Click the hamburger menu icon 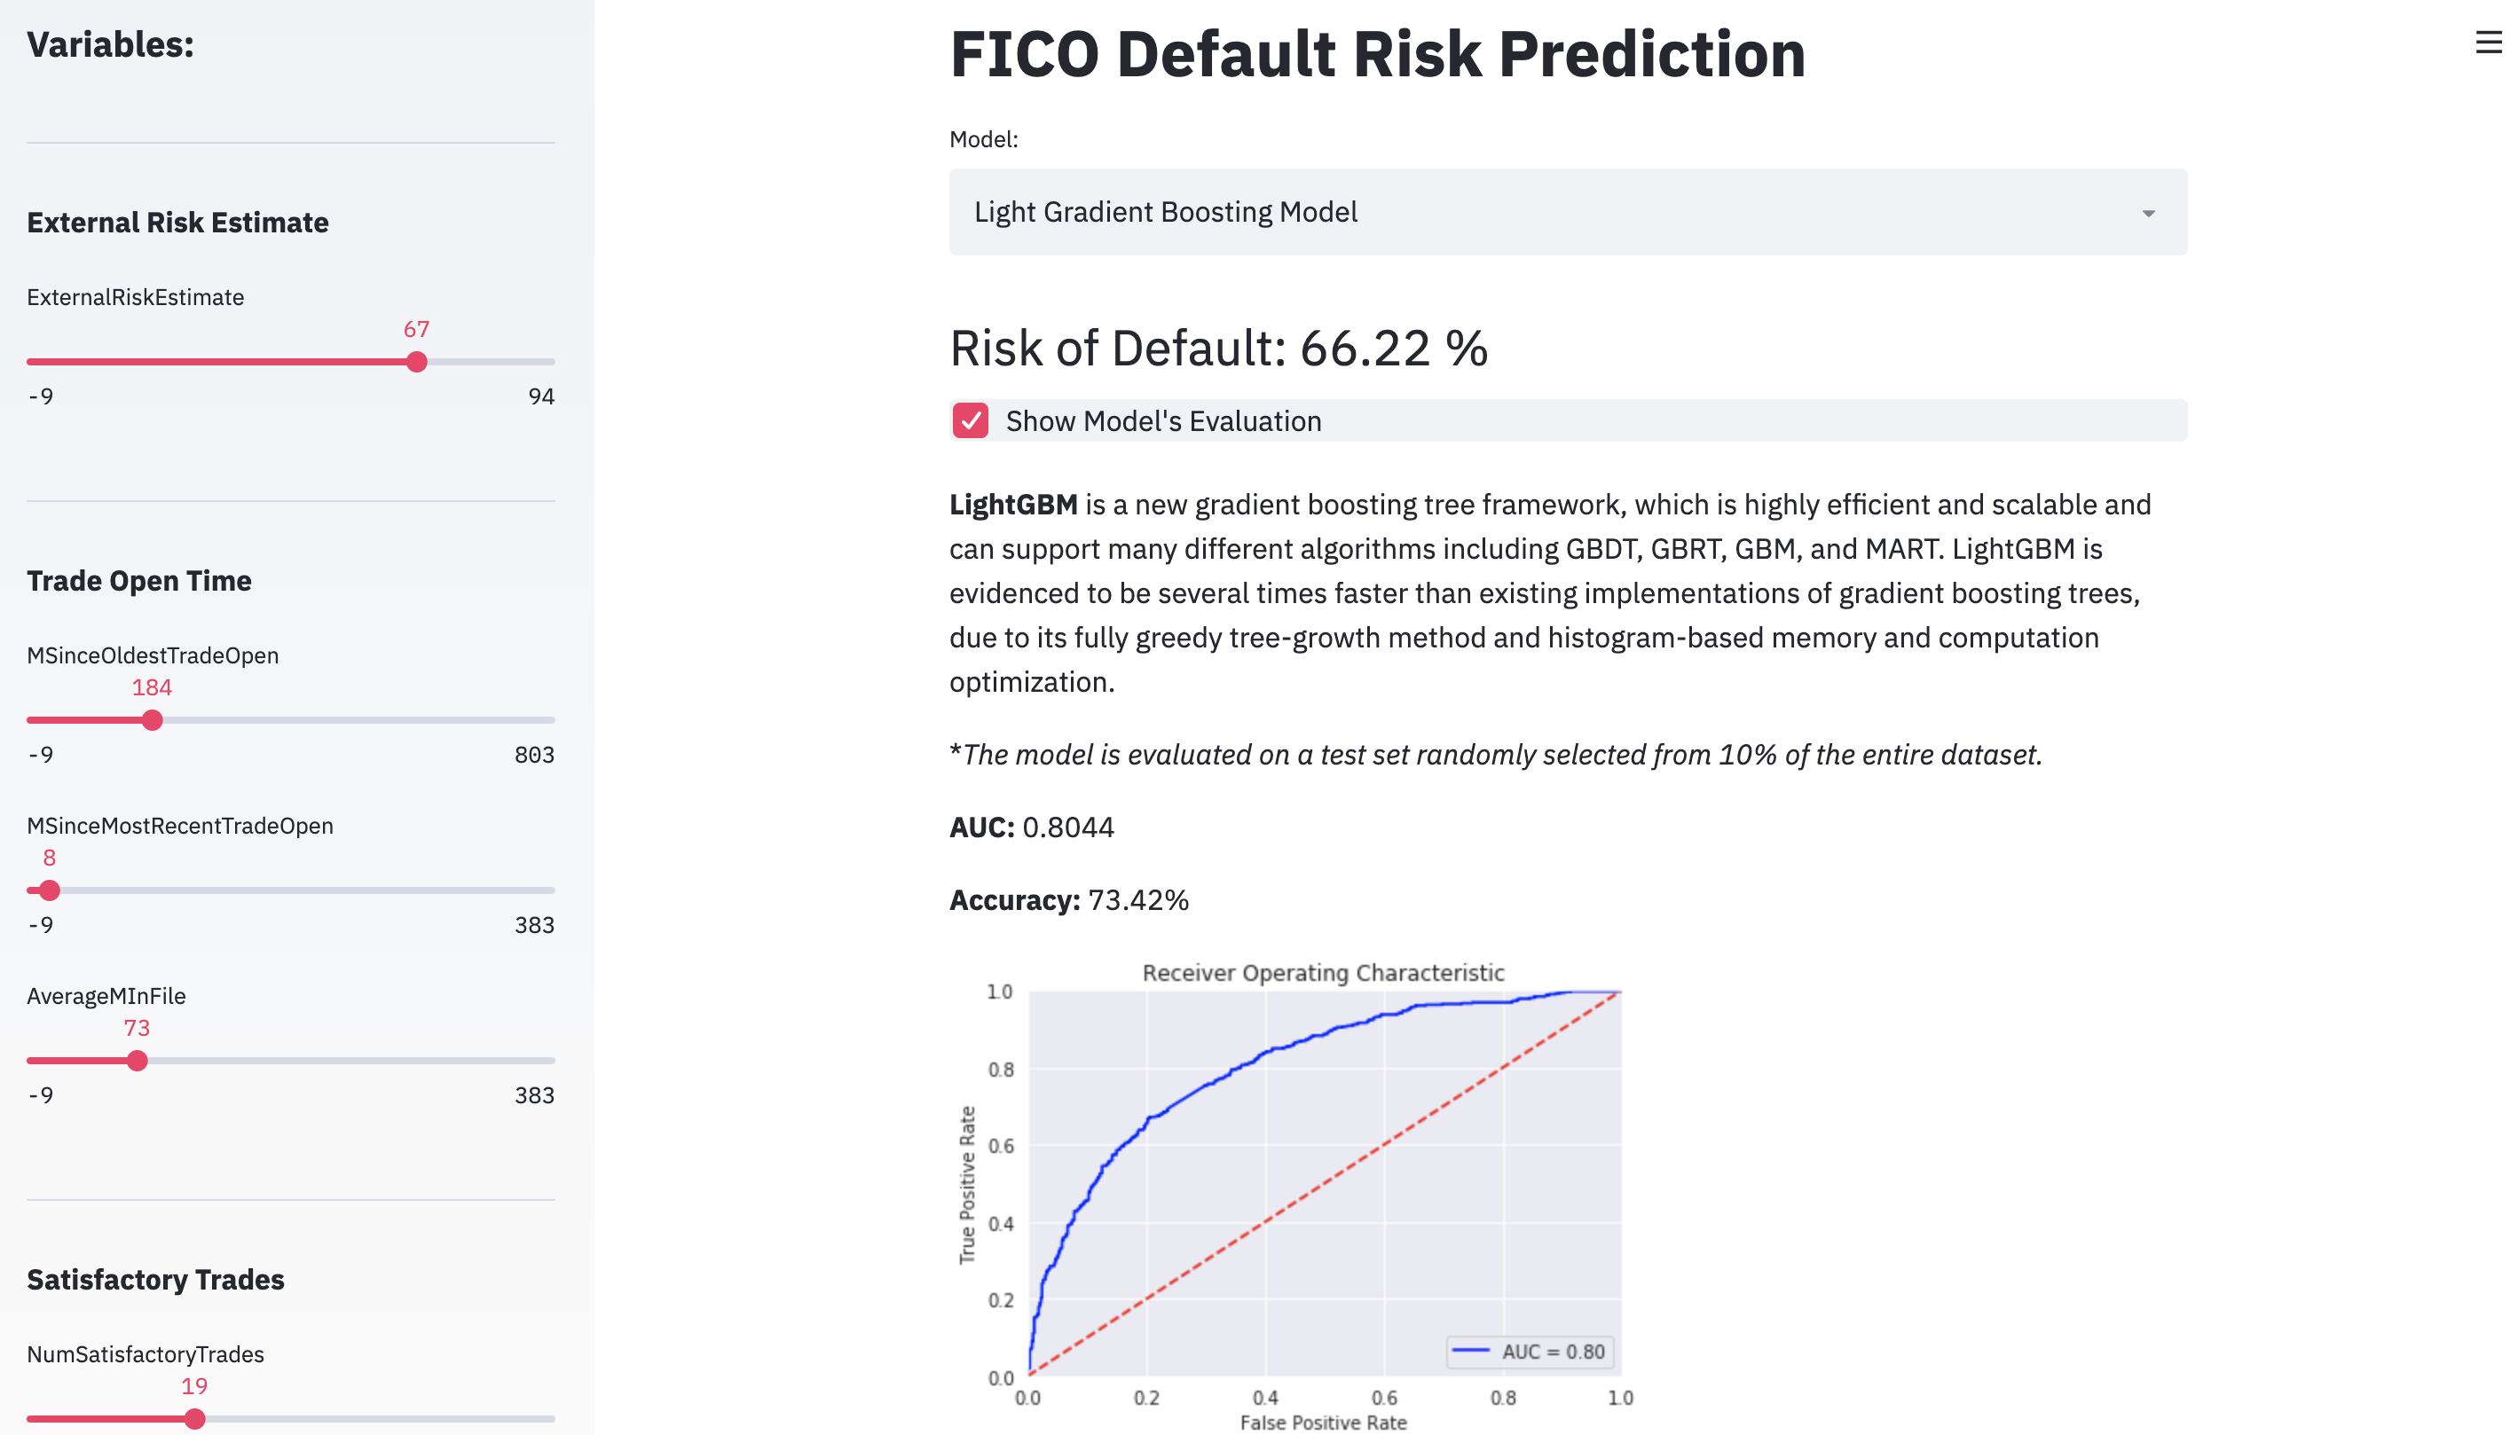pos(2488,42)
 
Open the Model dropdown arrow pos(2147,213)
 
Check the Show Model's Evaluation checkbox pos(970,421)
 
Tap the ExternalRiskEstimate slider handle pos(417,362)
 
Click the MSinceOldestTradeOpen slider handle pos(152,720)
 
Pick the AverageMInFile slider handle pos(137,1061)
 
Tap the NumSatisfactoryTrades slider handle pos(194,1419)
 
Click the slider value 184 pos(152,688)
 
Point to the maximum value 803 pos(534,755)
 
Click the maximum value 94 pos(541,396)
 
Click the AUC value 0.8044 pos(1067,827)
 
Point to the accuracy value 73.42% pos(1138,901)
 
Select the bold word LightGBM pos(1012,505)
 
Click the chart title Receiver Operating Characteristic pos(1323,973)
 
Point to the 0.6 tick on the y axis pos(1001,1145)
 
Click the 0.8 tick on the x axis pos(1504,1398)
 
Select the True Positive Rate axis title pos(967,1185)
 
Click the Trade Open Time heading pos(139,581)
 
